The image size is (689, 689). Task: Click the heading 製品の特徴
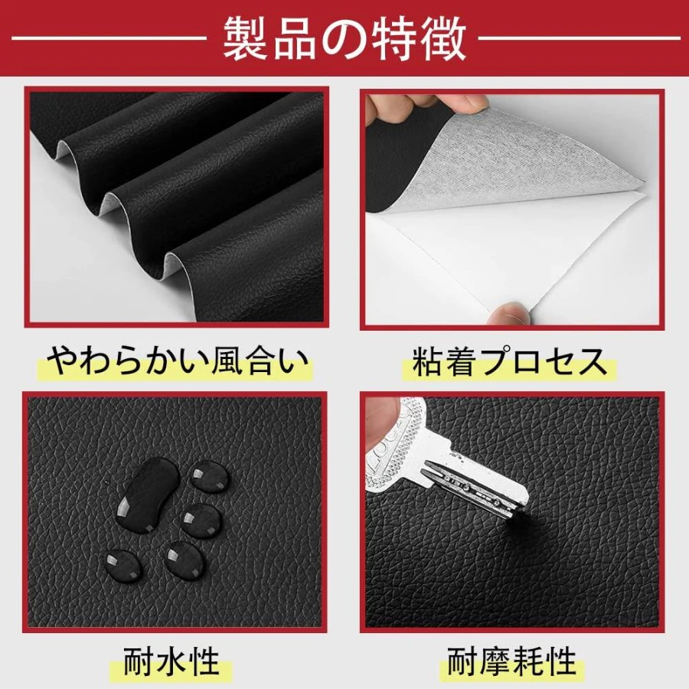pos(345,39)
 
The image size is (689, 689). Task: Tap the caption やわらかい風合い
pos(178,361)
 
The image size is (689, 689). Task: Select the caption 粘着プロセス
pos(510,362)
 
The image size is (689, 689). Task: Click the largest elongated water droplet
pos(148,495)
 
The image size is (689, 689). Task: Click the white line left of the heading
pos(109,39)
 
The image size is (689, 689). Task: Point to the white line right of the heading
pos(580,39)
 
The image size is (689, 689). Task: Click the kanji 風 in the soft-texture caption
pos(229,361)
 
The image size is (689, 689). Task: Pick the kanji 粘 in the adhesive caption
pos(427,362)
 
